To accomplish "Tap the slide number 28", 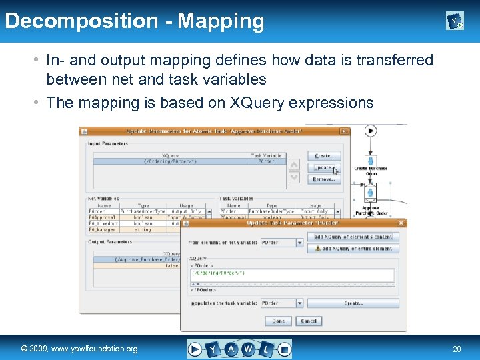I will click(x=457, y=349).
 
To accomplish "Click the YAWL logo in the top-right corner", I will click(x=455, y=22).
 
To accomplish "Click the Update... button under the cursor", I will click(x=324, y=168).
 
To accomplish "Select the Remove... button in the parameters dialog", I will click(x=324, y=179).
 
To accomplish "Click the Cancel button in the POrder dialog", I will click(x=309, y=321).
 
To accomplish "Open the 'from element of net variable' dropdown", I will click(x=282, y=243).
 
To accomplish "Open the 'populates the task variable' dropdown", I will click(x=282, y=303).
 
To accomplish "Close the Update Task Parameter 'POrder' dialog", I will click(x=401, y=223).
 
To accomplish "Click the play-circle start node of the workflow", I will click(x=370, y=131).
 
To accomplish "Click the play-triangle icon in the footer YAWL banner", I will click(x=195, y=349).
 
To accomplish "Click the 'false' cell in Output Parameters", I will click(x=171, y=265).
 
